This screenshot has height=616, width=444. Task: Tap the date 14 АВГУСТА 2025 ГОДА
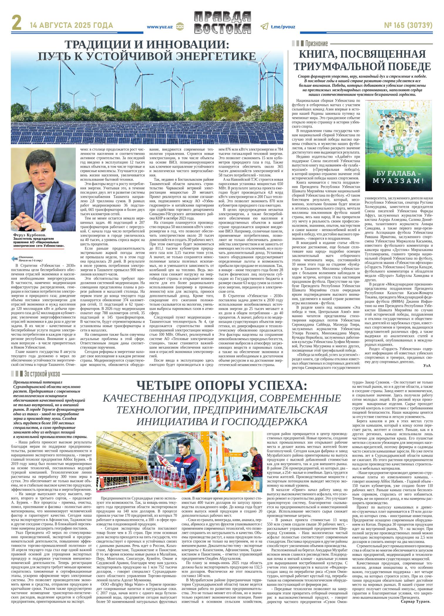(x=72, y=26)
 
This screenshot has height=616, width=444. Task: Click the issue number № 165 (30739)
(x=408, y=26)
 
